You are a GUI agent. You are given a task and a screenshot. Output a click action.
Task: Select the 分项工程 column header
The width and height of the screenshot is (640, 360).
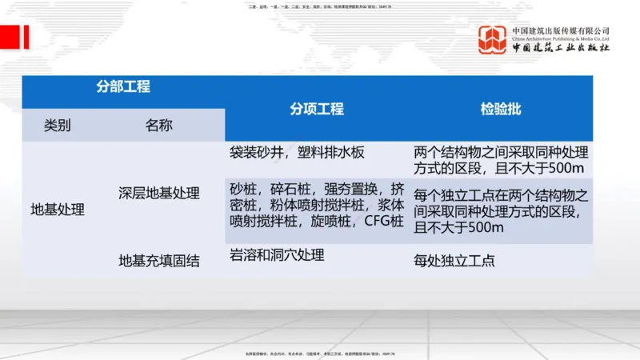click(x=317, y=110)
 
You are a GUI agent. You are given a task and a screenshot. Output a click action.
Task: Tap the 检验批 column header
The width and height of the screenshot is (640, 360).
click(x=501, y=110)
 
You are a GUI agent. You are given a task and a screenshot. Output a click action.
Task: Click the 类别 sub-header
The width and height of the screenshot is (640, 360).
click(x=58, y=126)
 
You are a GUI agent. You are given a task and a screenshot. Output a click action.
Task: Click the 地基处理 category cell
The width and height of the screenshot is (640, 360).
click(x=58, y=210)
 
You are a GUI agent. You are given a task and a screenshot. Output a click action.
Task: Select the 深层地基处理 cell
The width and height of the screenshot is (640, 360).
click(x=158, y=194)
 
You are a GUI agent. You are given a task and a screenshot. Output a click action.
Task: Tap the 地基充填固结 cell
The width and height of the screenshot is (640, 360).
click(x=158, y=259)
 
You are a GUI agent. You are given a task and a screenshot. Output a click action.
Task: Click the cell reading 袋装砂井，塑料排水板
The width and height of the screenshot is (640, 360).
click(x=308, y=152)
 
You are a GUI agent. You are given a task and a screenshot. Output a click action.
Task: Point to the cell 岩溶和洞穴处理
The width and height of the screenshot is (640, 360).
click(x=277, y=256)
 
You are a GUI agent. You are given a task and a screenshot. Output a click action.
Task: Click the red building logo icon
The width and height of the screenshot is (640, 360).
click(x=493, y=39)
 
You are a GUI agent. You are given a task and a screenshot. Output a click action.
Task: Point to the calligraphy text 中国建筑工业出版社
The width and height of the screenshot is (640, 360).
click(x=561, y=49)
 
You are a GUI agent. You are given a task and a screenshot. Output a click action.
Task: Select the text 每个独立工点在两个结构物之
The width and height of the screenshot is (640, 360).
click(x=502, y=196)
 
